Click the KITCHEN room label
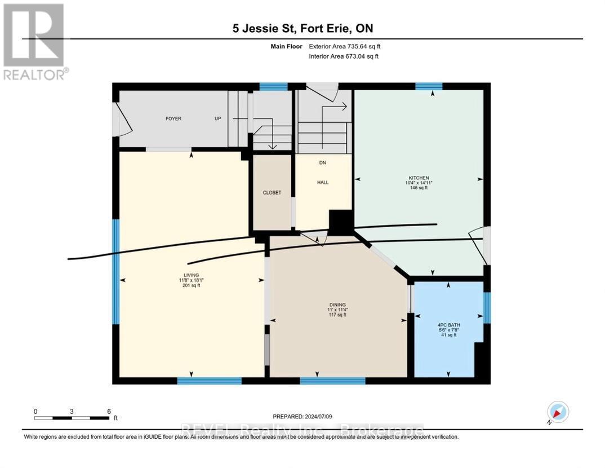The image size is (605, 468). pyautogui.click(x=419, y=178)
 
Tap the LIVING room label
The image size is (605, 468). pyautogui.click(x=191, y=275)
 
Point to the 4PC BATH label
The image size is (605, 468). pyautogui.click(x=448, y=324)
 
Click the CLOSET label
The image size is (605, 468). pyautogui.click(x=272, y=192)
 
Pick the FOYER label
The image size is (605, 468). pyautogui.click(x=173, y=118)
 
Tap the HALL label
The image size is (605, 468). pyautogui.click(x=323, y=182)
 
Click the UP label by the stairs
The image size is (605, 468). pyautogui.click(x=217, y=118)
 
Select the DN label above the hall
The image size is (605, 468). pyautogui.click(x=323, y=163)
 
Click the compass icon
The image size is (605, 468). pyautogui.click(x=558, y=412)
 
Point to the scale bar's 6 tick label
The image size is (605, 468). pyautogui.click(x=109, y=411)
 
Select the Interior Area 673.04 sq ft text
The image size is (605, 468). pyautogui.click(x=344, y=56)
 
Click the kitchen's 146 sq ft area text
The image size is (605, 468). pyautogui.click(x=419, y=188)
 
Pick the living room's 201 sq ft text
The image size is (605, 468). pyautogui.click(x=191, y=285)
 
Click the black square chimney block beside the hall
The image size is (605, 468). pyautogui.click(x=340, y=222)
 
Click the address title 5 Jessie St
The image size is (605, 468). pyautogui.click(x=302, y=28)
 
